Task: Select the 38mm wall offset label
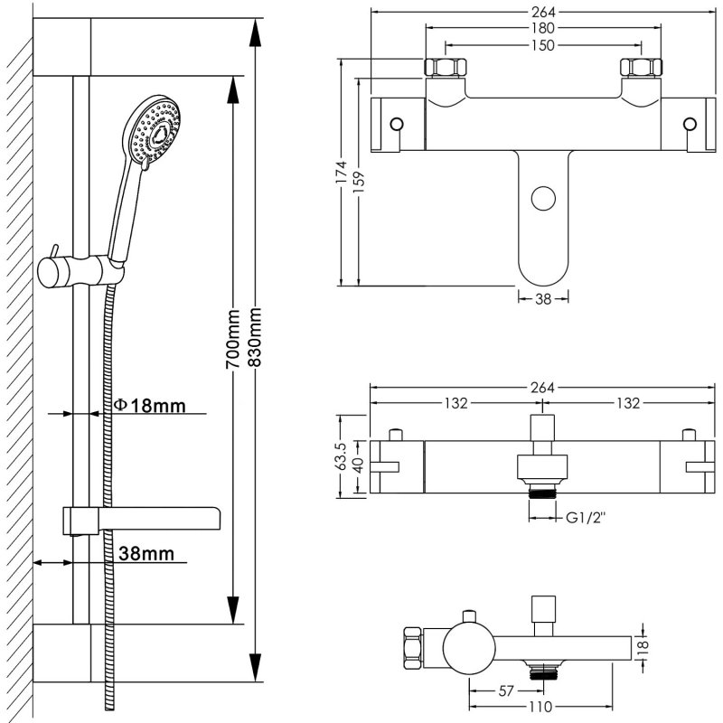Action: [142, 552]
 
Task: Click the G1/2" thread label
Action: [585, 518]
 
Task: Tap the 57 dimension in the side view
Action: [506, 691]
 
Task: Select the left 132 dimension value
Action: [455, 403]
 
